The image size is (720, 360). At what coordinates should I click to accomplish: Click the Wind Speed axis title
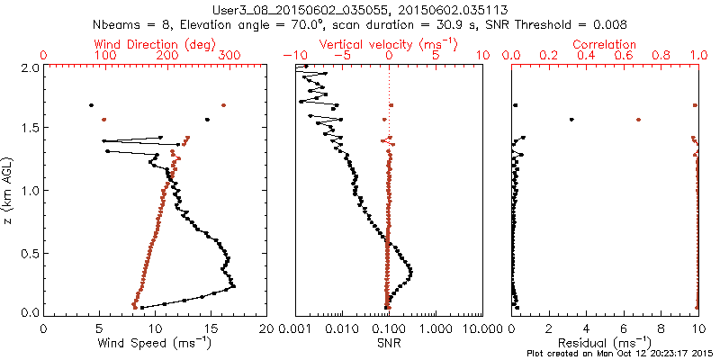156,342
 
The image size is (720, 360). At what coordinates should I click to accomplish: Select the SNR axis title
389,342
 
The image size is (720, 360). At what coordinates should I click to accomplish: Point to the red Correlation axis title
606,44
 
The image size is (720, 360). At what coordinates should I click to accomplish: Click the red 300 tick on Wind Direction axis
230,56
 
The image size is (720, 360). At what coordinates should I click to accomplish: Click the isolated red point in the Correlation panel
638,120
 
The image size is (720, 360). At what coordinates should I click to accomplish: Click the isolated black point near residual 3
571,120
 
